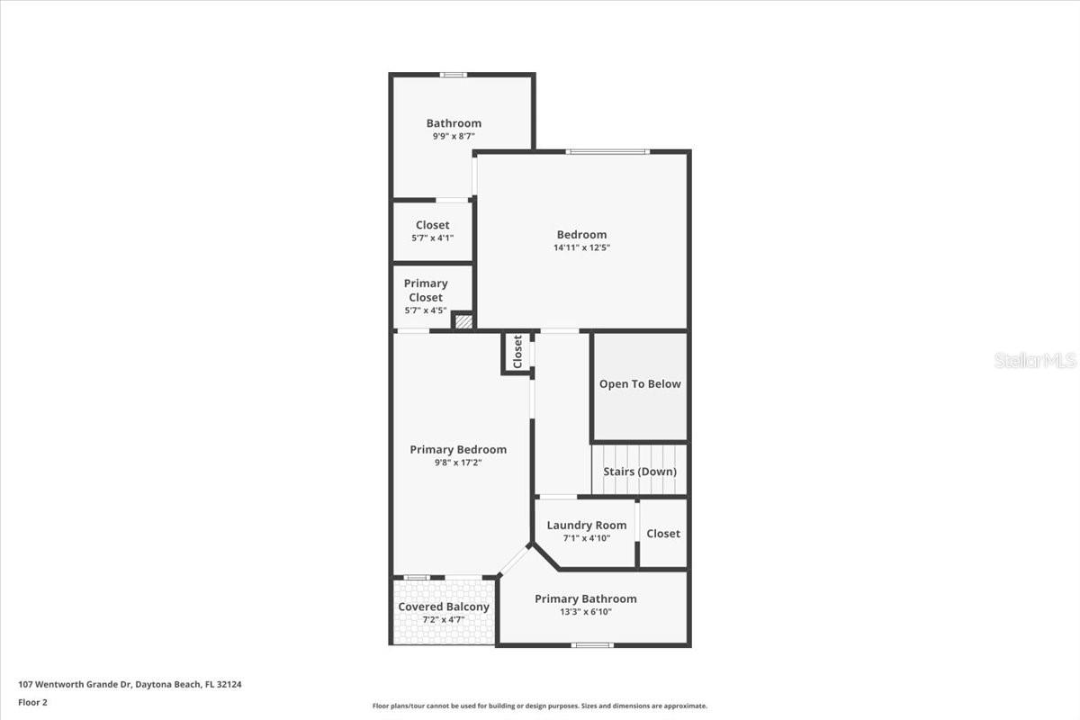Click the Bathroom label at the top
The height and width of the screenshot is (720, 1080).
point(454,123)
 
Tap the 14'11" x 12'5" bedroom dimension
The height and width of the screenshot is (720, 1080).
point(580,247)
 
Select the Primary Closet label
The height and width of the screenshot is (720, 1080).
point(426,290)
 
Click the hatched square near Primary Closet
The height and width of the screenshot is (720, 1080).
point(463,320)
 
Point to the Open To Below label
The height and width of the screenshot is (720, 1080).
point(640,384)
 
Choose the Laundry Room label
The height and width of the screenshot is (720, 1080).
point(586,525)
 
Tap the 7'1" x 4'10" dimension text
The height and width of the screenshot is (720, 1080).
point(586,538)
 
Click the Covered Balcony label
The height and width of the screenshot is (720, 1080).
point(444,607)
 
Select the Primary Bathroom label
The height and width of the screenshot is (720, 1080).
point(585,598)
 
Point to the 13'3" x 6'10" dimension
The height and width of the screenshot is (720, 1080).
point(585,612)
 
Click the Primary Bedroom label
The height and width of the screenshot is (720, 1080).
point(458,450)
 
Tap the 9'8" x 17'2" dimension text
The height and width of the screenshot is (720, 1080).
point(458,463)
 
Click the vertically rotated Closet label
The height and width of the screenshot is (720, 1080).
point(517,351)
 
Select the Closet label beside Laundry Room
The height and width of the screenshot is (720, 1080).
point(663,534)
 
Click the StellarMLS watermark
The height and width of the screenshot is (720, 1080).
point(1035,360)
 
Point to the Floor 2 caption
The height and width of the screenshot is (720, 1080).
point(32,702)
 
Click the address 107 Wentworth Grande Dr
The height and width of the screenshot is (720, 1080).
point(130,685)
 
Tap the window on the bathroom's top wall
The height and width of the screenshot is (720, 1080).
point(453,75)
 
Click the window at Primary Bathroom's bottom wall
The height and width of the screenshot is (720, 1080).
point(592,644)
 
